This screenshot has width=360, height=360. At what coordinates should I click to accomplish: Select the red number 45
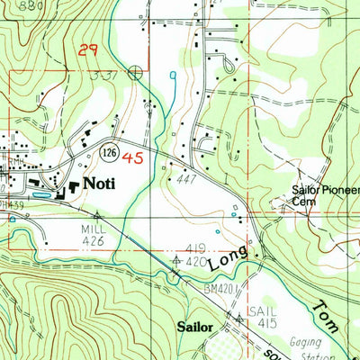[x=133, y=158]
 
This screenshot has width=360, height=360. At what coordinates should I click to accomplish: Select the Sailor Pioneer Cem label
[x=324, y=196]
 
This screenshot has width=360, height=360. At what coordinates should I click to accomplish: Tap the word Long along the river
[x=225, y=261]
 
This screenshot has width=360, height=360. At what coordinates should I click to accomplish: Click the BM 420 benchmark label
[x=218, y=287]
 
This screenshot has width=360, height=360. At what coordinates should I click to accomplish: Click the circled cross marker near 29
[x=135, y=72]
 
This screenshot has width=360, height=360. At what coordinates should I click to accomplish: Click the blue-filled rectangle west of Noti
[x=40, y=193]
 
